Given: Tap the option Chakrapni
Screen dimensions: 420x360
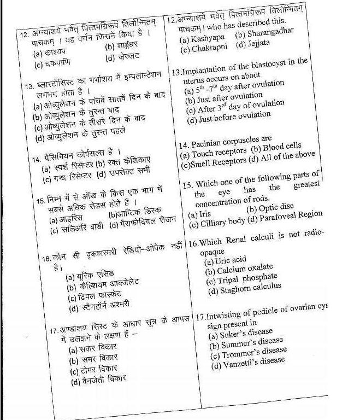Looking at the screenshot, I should pos(207,49).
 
